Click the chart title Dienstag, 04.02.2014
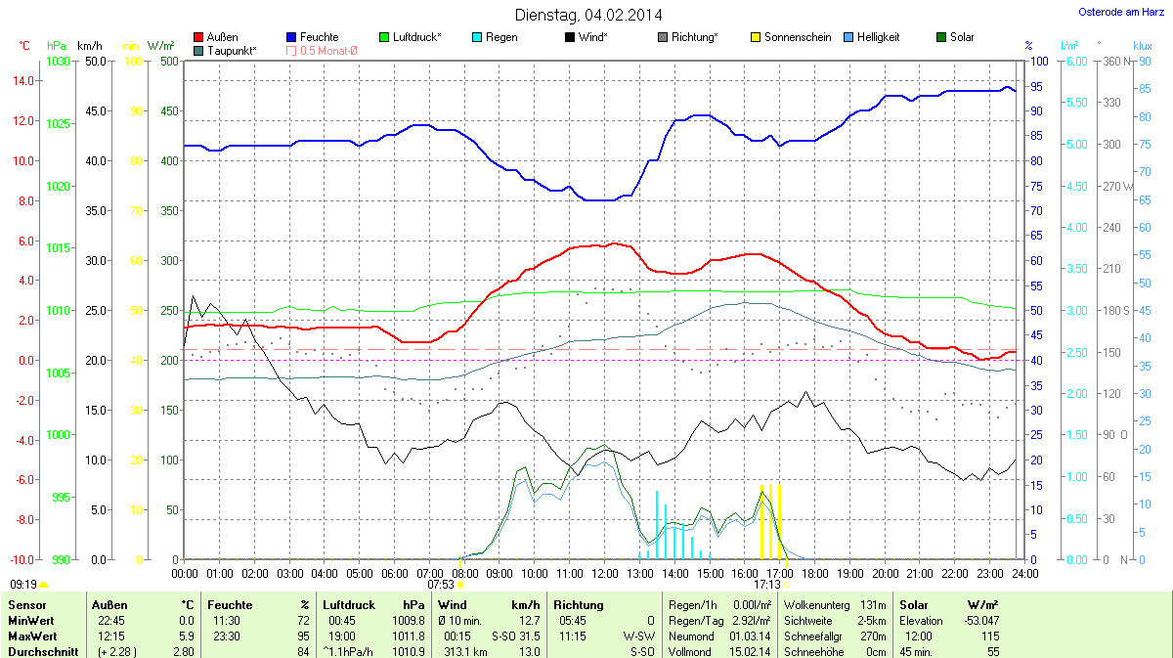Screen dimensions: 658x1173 [x=587, y=15]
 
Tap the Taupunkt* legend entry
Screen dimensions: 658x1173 [x=232, y=50]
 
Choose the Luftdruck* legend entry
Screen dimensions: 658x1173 [x=416, y=37]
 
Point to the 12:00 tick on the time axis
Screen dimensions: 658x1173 [x=604, y=572]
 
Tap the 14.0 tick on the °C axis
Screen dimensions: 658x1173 [x=22, y=81]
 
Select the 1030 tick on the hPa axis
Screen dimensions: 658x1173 [x=58, y=62]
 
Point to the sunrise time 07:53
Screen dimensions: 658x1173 [x=442, y=584]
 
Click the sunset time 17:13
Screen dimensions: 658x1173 [x=766, y=584]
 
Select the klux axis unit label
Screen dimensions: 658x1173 [x=1142, y=46]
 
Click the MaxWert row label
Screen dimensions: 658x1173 [x=30, y=636]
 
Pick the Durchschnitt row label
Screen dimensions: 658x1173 [x=43, y=651]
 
